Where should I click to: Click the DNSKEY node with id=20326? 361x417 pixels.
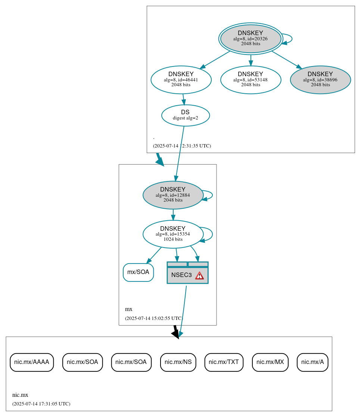coord(250,38)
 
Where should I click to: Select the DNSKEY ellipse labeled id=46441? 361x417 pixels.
coord(181,80)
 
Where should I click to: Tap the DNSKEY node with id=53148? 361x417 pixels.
coord(250,80)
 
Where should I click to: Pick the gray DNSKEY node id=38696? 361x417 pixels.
coord(320,80)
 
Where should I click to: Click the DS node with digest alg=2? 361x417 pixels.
coord(185,115)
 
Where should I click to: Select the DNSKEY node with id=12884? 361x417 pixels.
coord(172,195)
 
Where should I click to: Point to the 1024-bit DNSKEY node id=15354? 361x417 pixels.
coord(172,234)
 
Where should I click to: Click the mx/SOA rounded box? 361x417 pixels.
coord(138,272)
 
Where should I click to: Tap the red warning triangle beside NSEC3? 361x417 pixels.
coord(200,276)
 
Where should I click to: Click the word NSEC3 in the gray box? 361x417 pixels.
coord(181,275)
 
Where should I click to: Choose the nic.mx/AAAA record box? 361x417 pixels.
coord(32,362)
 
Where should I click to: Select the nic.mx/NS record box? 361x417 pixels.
coord(178,362)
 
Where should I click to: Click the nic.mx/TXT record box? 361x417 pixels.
coord(224,362)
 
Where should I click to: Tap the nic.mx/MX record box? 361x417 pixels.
coord(270,362)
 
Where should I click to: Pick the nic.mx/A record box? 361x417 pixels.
coord(312,362)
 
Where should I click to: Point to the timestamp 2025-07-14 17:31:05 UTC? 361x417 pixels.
coord(41,404)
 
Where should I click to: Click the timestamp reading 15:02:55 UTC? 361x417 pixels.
coord(154,318)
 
